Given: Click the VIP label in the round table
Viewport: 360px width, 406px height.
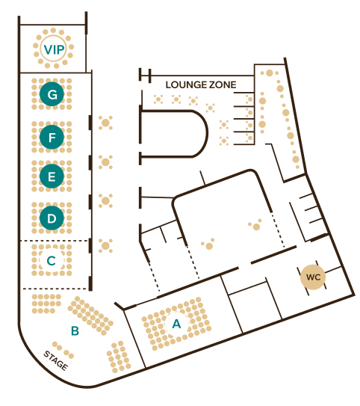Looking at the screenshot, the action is coord(54,49).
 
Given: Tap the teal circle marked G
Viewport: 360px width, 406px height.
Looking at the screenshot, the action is coord(52,94).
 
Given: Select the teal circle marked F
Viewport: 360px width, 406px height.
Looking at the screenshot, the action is coord(52,137).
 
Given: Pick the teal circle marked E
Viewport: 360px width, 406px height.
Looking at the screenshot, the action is coord(52,176).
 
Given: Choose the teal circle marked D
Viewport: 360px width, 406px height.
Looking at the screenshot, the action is coord(52,218).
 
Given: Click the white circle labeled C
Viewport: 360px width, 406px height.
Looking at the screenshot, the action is coord(52,260).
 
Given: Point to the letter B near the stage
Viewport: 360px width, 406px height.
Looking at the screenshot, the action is coord(75,331).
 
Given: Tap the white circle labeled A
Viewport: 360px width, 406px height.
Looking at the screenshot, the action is coord(176,324).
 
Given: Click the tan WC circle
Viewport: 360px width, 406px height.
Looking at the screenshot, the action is coord(313,277).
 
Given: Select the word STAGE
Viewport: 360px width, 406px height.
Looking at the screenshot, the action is coord(56,360).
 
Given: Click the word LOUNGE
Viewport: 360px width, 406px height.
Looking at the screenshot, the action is coord(186,84).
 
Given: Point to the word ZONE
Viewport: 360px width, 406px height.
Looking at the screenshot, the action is coord(223,84).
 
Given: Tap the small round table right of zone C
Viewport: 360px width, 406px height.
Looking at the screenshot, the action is coord(105,246).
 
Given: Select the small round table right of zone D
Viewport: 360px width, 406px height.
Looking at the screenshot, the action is coord(105,200).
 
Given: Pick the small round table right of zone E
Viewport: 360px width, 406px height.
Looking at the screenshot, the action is coord(105,162).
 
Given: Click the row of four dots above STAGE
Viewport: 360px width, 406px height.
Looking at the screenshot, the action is coord(63,350).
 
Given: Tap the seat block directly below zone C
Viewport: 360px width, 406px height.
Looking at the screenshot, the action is coord(46,304).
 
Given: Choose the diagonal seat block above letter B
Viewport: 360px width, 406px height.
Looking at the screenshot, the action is coord(90,316).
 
